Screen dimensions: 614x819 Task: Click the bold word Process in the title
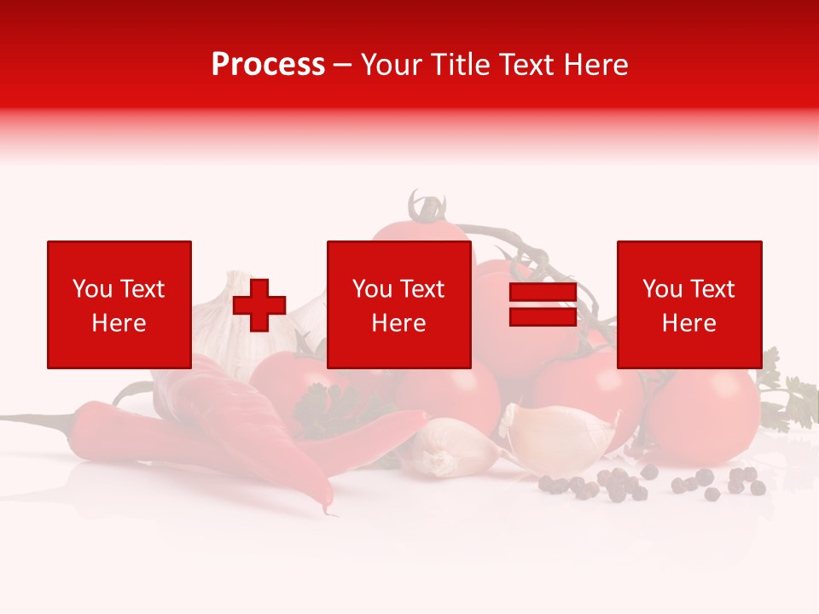click(268, 65)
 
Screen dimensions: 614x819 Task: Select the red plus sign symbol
click(259, 305)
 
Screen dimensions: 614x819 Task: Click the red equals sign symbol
click(543, 304)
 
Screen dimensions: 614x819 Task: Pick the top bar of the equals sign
click(543, 292)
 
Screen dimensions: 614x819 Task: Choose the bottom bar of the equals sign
click(543, 317)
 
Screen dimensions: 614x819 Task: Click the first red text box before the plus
click(119, 305)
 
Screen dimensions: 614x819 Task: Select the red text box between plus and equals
click(398, 305)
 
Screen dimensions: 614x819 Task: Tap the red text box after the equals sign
click(688, 305)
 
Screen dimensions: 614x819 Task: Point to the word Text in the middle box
click(421, 289)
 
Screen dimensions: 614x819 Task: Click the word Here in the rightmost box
click(688, 323)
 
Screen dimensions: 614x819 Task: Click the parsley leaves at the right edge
click(793, 401)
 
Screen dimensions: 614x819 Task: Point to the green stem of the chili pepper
click(34, 419)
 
